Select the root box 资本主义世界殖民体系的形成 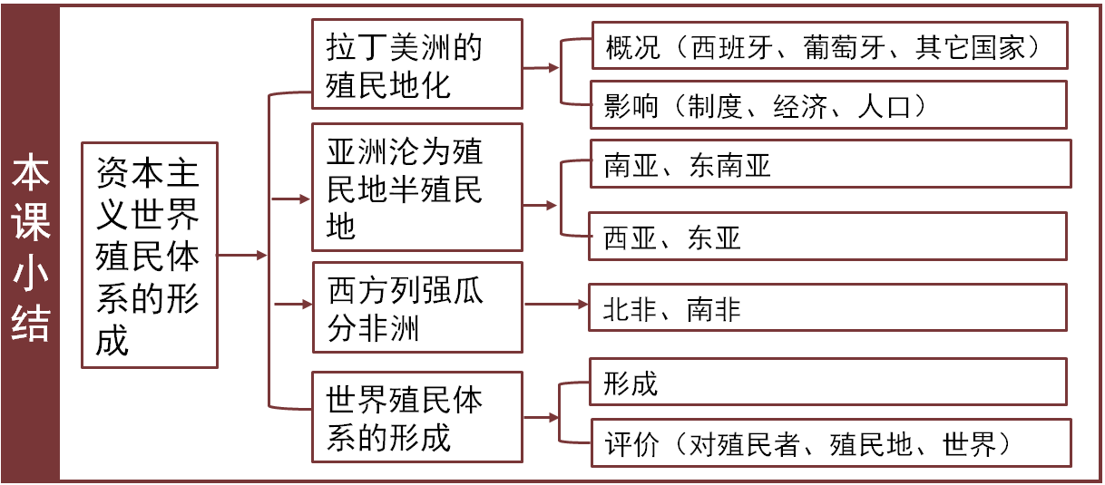pyautogui.click(x=149, y=255)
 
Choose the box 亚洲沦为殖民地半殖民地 pyautogui.click(x=416, y=187)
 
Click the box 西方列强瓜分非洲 pyautogui.click(x=416, y=308)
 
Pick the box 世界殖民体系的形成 pyautogui.click(x=416, y=420)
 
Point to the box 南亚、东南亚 pyautogui.click(x=829, y=165)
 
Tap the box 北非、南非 pyautogui.click(x=827, y=309)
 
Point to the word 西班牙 pyautogui.click(x=729, y=48)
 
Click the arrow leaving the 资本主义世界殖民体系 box pyautogui.click(x=242, y=256)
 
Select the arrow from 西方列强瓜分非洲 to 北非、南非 pyautogui.click(x=556, y=303)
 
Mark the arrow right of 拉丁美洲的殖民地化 pyautogui.click(x=542, y=68)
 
